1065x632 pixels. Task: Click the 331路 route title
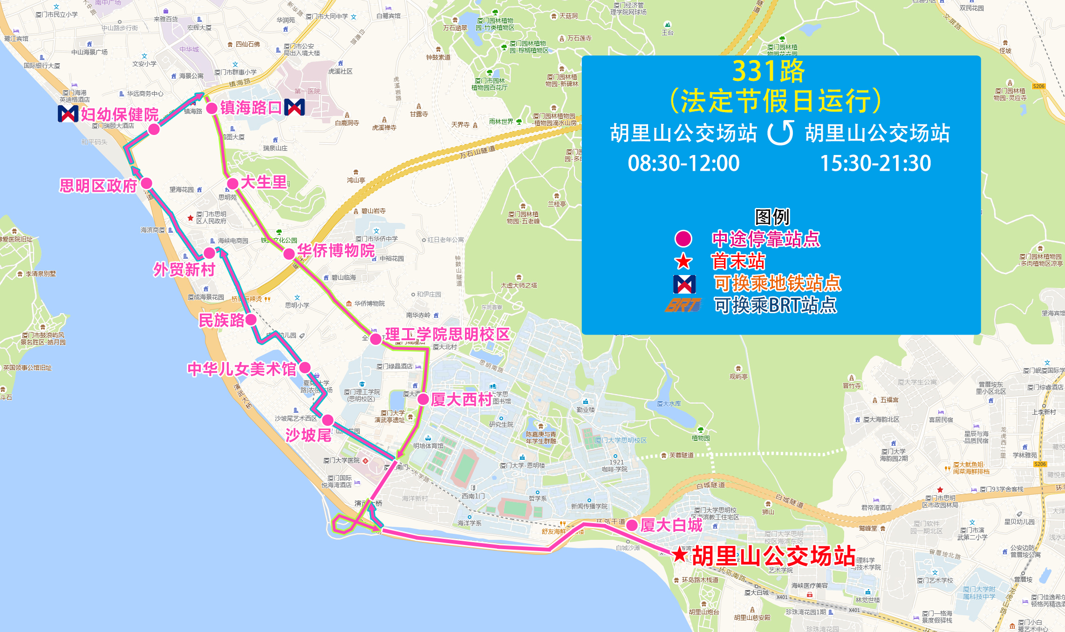click(769, 71)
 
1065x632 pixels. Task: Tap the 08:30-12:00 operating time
click(683, 163)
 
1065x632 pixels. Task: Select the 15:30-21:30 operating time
click(875, 163)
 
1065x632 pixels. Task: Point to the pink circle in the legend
click(683, 239)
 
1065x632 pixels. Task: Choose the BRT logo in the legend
click(683, 305)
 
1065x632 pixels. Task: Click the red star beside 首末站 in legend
click(683, 262)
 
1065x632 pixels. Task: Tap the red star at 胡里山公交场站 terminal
click(680, 554)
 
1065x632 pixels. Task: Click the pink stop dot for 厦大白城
click(632, 525)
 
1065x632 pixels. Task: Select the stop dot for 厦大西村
click(423, 399)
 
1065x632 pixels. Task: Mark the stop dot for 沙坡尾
click(328, 420)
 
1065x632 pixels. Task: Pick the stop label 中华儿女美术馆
click(242, 369)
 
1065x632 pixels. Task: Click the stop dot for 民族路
click(251, 320)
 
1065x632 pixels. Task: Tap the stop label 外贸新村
click(184, 269)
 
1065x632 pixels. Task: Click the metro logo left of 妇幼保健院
click(68, 114)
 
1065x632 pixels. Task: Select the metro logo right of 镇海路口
click(294, 108)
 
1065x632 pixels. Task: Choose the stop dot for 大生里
click(232, 183)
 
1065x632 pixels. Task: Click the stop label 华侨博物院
click(336, 251)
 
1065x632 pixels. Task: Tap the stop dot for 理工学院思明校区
click(375, 339)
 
